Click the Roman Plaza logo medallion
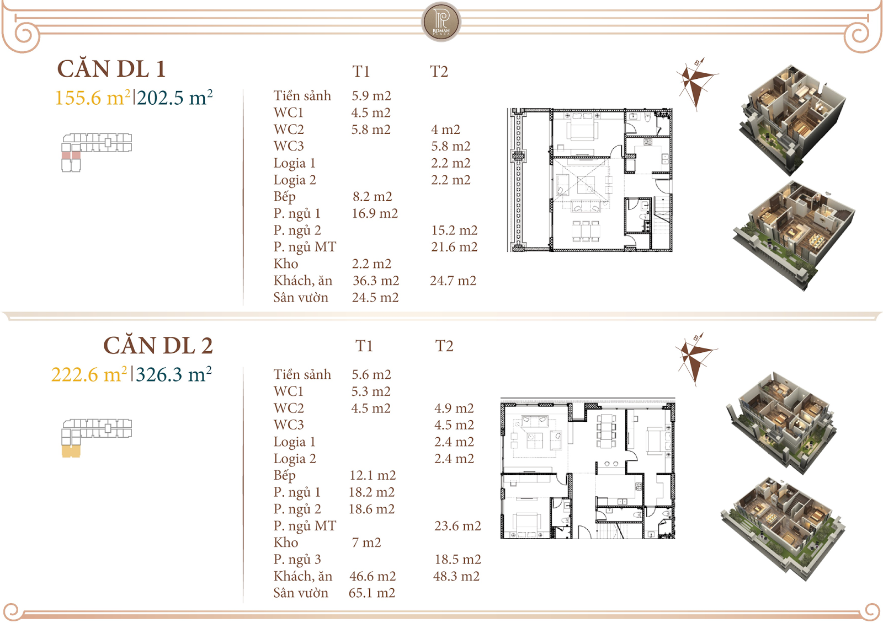click(441, 22)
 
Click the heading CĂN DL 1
click(111, 69)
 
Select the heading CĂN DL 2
click(158, 346)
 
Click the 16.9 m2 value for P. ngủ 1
click(375, 213)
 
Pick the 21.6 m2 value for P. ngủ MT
click(454, 247)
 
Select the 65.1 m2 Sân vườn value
click(371, 593)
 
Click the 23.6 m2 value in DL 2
click(458, 526)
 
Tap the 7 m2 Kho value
click(366, 543)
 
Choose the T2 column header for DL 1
click(439, 72)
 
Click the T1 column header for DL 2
click(364, 346)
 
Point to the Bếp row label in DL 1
click(285, 197)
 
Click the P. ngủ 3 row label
click(297, 560)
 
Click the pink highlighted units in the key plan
click(71, 155)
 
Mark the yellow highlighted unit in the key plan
click(71, 452)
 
